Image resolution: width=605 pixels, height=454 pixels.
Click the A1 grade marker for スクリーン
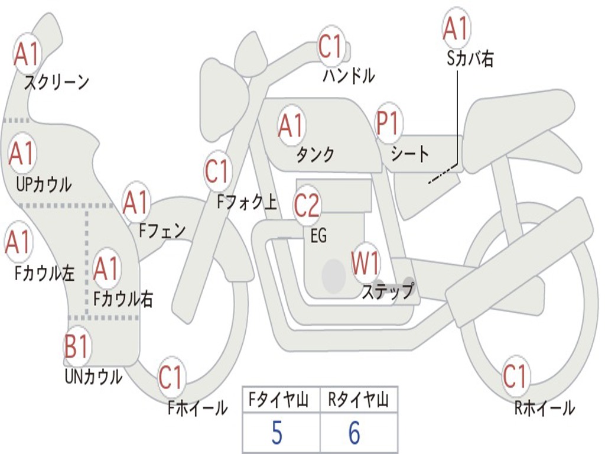tap(27, 54)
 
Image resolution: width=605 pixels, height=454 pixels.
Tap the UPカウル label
tap(44, 185)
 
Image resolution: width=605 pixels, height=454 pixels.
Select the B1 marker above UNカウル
tap(77, 345)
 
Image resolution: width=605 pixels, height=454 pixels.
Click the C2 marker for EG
tap(307, 205)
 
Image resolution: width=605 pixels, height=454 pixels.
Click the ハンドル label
tap(349, 75)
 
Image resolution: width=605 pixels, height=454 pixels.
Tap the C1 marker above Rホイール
tap(515, 376)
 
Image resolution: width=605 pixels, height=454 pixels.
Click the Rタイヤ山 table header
tap(359, 400)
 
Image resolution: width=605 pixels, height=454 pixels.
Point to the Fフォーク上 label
tap(247, 202)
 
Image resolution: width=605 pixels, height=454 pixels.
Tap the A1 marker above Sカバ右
tap(456, 28)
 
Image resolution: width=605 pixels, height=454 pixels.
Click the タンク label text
tap(315, 155)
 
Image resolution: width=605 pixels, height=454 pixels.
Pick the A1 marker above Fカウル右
tap(106, 268)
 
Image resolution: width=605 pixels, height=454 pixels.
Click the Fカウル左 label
tap(44, 273)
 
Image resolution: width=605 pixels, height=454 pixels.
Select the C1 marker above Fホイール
tap(170, 377)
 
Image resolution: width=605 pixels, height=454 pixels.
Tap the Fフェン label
tap(162, 231)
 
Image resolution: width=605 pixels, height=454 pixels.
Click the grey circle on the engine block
tap(333, 275)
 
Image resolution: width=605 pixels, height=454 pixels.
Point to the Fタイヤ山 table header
tap(279, 400)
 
